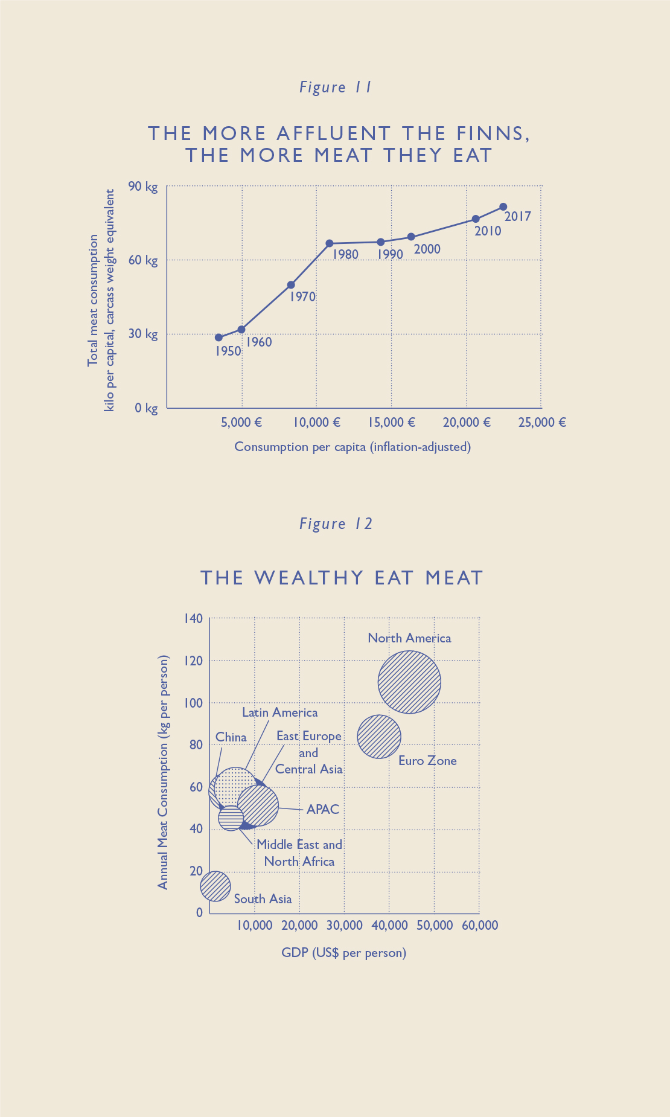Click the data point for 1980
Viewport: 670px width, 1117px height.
click(x=330, y=243)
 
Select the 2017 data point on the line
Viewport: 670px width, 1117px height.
click(x=503, y=207)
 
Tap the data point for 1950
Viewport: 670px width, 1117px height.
click(x=219, y=338)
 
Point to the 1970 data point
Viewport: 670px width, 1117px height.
click(x=291, y=285)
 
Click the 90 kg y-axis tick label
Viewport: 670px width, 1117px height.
click(x=143, y=187)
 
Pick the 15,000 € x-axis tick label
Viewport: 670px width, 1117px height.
click(x=392, y=422)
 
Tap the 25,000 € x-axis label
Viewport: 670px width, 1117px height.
click(x=541, y=422)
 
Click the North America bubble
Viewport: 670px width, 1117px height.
click(x=409, y=682)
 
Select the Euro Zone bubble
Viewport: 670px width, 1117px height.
click(x=379, y=737)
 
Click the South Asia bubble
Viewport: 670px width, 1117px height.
click(x=215, y=886)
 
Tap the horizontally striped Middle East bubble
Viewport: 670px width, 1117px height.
click(x=231, y=818)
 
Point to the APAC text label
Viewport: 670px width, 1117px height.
click(x=323, y=809)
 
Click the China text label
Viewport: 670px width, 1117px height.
click(x=231, y=737)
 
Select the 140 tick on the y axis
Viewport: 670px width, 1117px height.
click(x=193, y=618)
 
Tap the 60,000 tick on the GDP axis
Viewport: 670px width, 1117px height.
click(x=480, y=926)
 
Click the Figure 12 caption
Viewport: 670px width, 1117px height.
click(x=336, y=523)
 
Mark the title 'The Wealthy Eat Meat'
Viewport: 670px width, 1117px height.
click(x=342, y=578)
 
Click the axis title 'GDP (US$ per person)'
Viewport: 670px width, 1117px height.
click(x=343, y=953)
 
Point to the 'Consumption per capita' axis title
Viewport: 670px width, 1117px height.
click(x=353, y=447)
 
